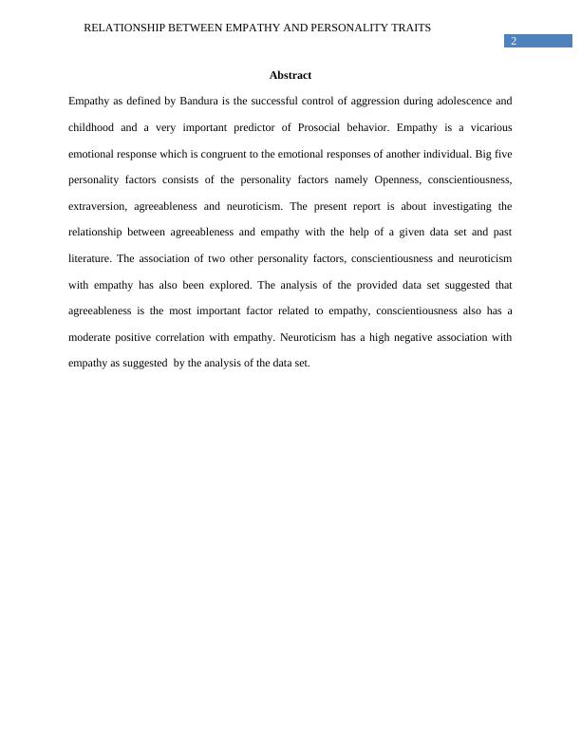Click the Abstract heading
tap(290, 75)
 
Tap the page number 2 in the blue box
tap(514, 41)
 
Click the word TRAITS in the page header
tap(409, 28)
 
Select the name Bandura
tap(198, 101)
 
